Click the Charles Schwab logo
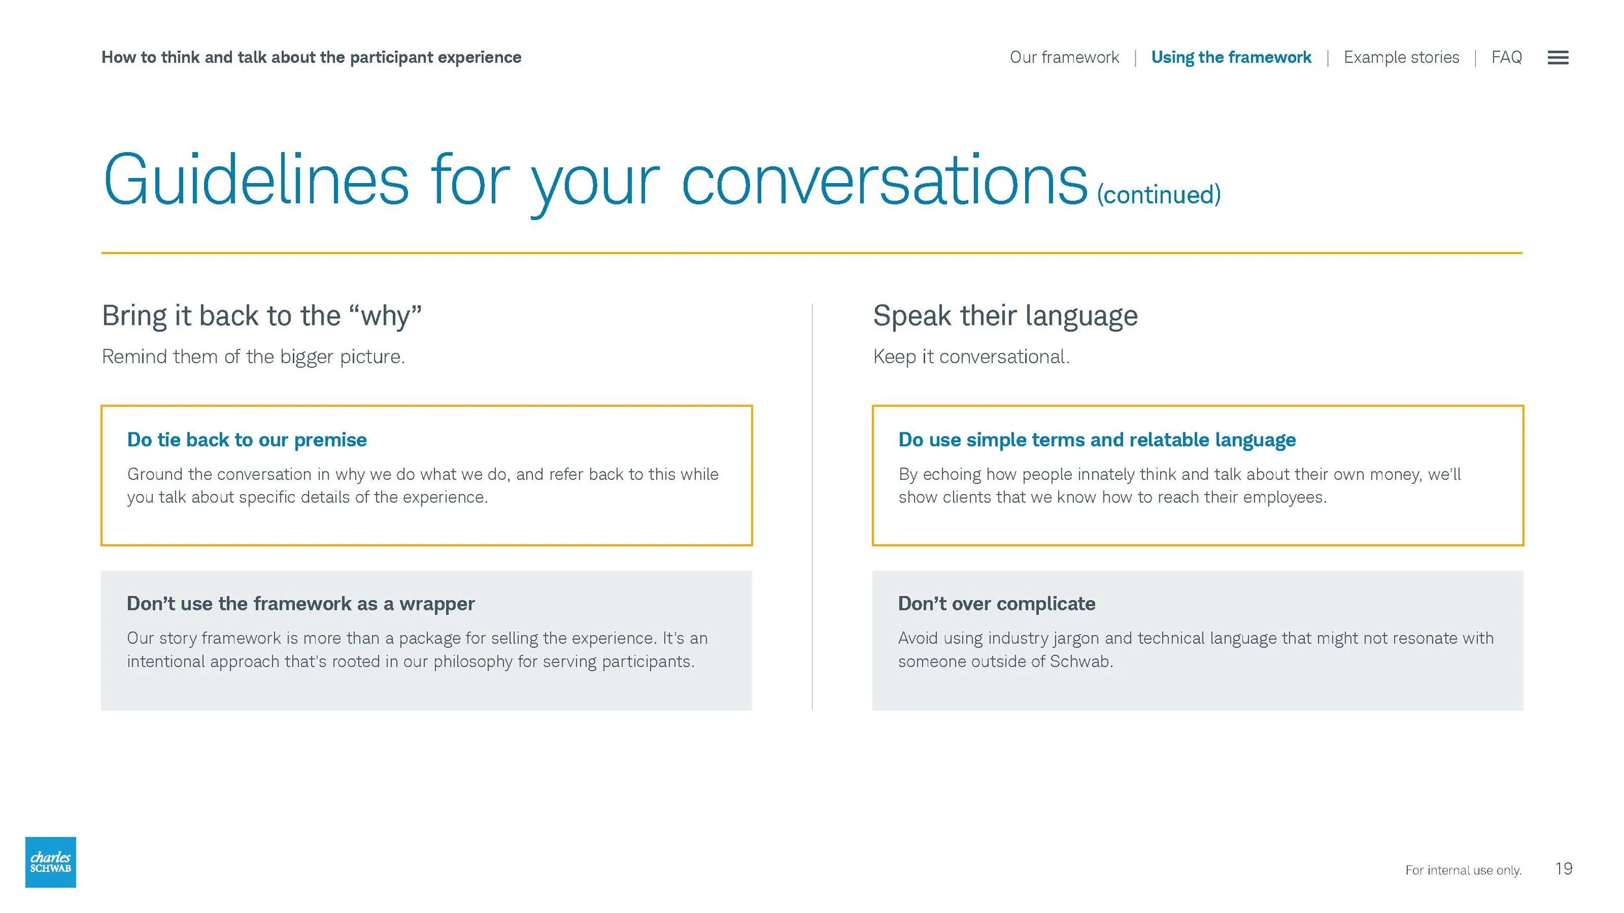click(51, 862)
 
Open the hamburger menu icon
click(1557, 58)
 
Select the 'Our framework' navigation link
click(1064, 57)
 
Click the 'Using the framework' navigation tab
click(1230, 57)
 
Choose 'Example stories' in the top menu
click(1401, 57)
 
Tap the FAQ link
click(1506, 57)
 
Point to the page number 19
click(1563, 868)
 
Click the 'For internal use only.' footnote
click(1463, 869)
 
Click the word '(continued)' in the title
click(1158, 194)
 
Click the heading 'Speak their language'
click(1005, 316)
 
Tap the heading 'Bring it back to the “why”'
click(262, 316)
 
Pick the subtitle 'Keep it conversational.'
click(971, 356)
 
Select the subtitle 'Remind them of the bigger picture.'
click(253, 356)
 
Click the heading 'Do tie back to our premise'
click(247, 440)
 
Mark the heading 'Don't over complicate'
click(996, 603)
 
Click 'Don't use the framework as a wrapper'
click(301, 603)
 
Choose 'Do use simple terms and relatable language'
click(1097, 440)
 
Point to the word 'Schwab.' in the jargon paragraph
click(1081, 661)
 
